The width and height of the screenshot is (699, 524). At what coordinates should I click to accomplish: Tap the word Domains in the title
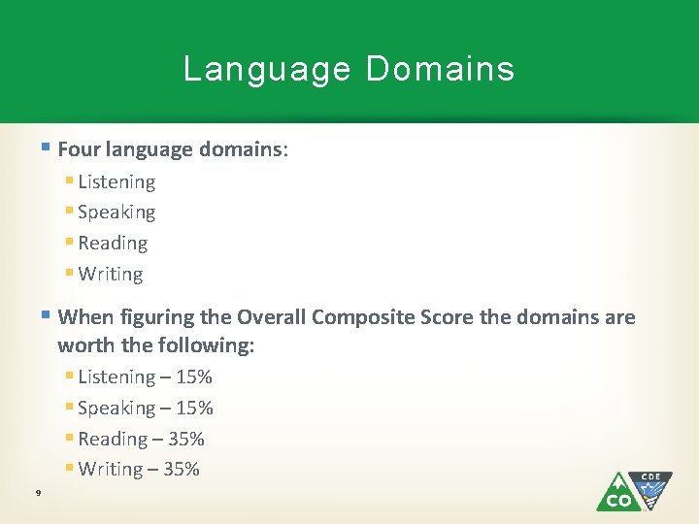coord(440,69)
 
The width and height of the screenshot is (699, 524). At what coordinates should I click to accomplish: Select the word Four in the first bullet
coord(78,149)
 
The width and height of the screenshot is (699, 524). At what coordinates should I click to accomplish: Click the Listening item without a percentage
coord(116,181)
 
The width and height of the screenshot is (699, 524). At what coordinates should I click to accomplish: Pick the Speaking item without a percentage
coord(116,213)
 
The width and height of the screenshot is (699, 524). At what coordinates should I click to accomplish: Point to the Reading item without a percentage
coord(113,244)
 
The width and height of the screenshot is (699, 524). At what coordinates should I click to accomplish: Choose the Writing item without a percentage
coord(111,275)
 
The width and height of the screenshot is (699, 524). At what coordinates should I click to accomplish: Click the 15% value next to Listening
coord(194,377)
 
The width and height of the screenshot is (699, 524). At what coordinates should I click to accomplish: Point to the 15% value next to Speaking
coord(194,408)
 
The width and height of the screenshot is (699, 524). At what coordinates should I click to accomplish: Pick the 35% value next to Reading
coord(186,439)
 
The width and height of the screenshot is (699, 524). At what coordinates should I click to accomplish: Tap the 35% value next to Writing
coord(182,470)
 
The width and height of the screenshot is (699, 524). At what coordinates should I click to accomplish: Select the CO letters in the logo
coord(616,501)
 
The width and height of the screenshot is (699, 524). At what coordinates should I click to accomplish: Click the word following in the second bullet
coord(212,344)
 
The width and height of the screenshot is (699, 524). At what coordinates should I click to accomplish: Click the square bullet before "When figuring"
coord(47,315)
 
